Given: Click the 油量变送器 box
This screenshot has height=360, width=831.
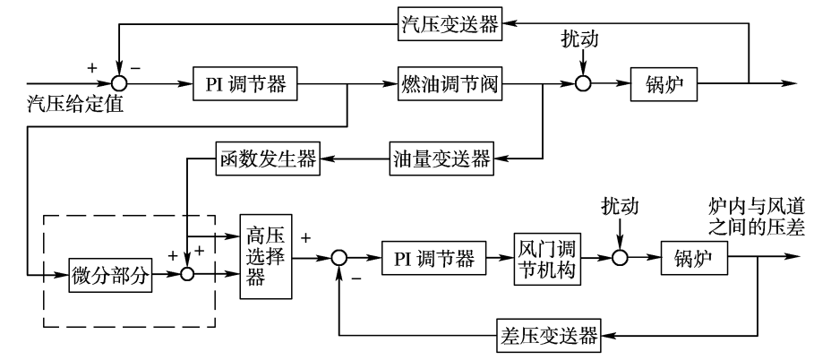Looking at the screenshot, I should [x=442, y=159].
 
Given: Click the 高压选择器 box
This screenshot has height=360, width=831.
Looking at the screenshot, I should [x=266, y=257].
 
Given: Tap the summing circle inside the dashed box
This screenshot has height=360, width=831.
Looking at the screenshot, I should [x=187, y=276].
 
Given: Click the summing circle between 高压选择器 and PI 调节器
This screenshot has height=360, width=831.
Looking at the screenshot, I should [x=338, y=259].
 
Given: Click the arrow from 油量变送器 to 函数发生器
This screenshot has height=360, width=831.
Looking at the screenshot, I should [x=356, y=159].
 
